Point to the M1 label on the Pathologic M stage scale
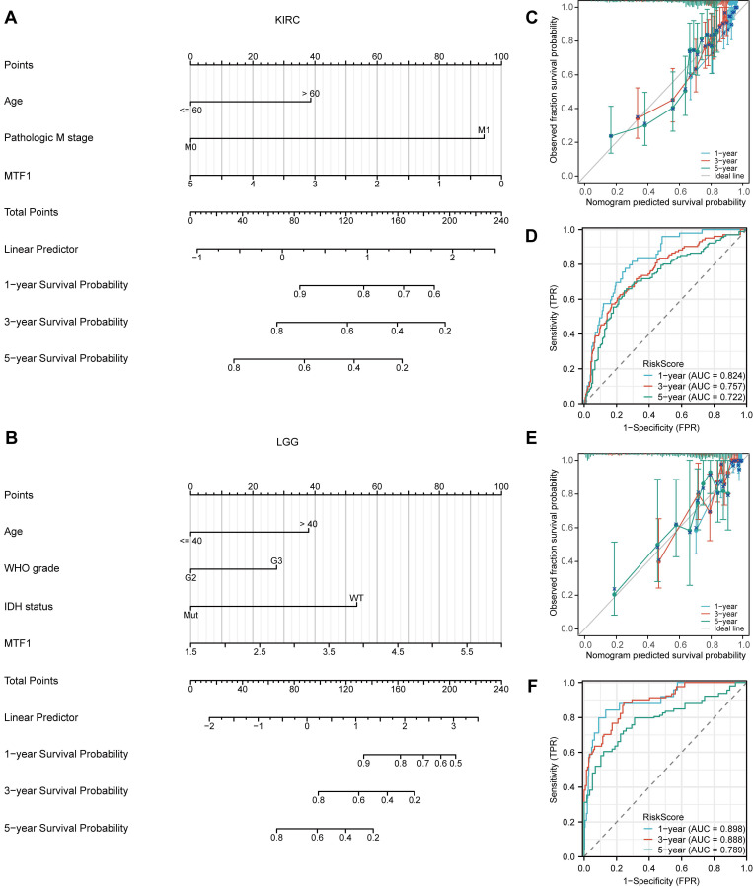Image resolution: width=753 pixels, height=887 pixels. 484,130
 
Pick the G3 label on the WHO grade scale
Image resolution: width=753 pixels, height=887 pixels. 277,561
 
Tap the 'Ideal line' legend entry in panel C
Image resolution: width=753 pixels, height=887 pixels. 722,175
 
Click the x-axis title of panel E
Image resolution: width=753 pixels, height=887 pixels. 663,654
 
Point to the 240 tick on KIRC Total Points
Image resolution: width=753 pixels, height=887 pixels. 501,221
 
